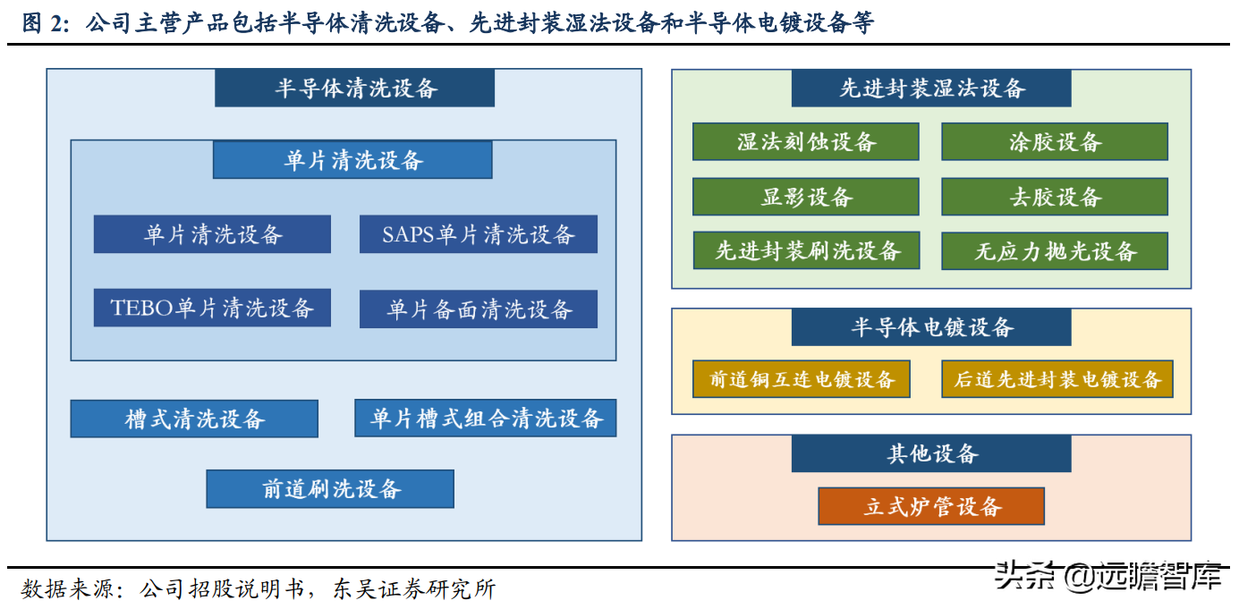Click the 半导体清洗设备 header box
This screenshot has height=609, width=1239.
[354, 88]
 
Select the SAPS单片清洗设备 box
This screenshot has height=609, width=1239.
[479, 234]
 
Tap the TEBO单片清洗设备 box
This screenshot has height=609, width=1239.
[212, 308]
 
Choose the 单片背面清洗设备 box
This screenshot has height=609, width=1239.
[479, 309]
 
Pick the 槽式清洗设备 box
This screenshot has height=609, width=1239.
[194, 419]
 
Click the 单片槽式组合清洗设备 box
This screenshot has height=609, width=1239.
[486, 419]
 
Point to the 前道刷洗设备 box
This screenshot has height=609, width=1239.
[330, 489]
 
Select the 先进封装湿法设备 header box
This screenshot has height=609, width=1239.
[931, 88]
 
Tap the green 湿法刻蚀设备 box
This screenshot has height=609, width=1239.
[806, 141]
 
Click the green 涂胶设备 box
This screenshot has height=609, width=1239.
[1055, 141]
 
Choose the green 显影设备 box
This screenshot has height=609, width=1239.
[806, 197]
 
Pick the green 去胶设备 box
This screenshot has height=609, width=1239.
[1055, 197]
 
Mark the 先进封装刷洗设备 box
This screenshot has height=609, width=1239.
[806, 250]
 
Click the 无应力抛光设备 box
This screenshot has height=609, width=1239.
[1055, 251]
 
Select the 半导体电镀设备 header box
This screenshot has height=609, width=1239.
[931, 327]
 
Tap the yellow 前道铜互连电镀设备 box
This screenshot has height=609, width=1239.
[802, 379]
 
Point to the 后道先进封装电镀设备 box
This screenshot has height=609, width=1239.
[1057, 379]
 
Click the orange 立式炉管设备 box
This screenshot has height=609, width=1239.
[931, 506]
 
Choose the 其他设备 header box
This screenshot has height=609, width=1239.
[931, 453]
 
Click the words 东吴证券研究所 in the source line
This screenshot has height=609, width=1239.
[414, 589]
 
